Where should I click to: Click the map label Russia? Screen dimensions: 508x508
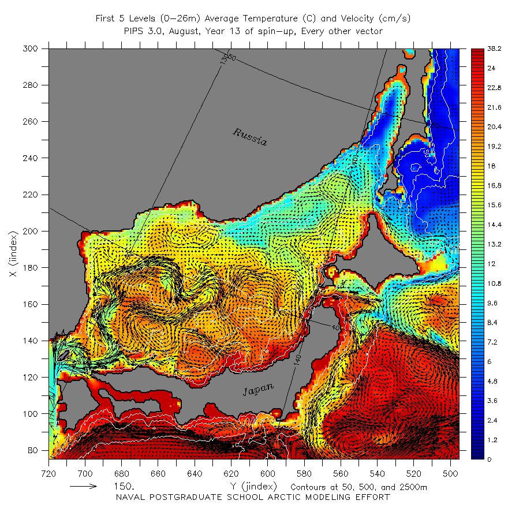click(x=250, y=137)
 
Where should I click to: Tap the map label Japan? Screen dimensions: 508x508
click(x=258, y=390)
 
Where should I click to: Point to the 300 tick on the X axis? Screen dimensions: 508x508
click(x=33, y=49)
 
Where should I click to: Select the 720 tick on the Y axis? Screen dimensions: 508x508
click(x=49, y=471)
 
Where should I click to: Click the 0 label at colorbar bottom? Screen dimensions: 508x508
click(x=490, y=459)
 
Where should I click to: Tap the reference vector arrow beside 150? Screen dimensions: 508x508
click(x=84, y=487)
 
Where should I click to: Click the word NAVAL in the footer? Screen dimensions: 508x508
click(x=131, y=497)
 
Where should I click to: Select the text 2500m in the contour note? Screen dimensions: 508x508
click(x=413, y=487)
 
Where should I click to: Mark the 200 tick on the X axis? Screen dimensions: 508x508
click(x=33, y=231)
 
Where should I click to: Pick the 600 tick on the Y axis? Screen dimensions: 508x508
click(x=268, y=471)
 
